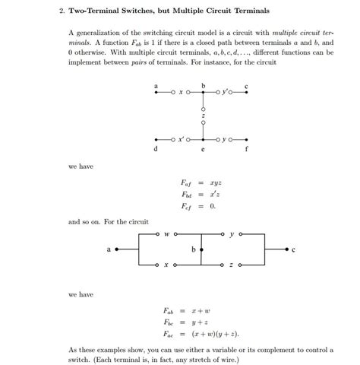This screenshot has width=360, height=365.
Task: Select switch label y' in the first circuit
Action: tap(229, 94)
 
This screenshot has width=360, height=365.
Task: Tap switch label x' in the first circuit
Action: tap(179, 141)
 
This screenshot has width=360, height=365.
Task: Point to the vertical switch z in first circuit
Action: tap(203, 116)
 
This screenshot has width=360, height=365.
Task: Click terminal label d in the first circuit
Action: tap(156, 150)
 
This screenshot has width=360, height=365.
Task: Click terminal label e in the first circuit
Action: tap(203, 151)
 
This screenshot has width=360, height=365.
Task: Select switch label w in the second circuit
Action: tap(166, 234)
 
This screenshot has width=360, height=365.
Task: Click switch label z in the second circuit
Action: tap(231, 265)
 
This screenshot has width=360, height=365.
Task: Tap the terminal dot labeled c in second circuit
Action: tap(286, 249)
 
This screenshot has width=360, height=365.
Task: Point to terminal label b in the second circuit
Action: tap(194, 249)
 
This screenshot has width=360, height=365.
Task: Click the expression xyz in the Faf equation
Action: tap(216, 182)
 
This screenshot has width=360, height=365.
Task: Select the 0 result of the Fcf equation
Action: tap(213, 205)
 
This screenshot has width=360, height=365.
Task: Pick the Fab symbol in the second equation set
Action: tap(169, 310)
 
